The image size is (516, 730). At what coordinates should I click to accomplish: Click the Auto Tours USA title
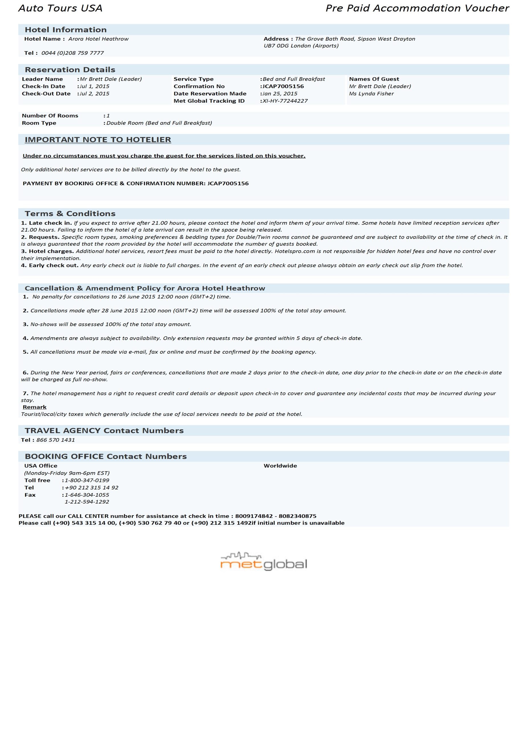60,8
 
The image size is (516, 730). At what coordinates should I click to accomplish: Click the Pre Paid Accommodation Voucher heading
417,8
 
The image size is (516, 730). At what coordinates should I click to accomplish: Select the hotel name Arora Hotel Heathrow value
98,39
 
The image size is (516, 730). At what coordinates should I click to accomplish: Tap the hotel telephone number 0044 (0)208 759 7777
72,53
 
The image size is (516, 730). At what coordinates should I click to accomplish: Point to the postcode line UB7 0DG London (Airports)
301,46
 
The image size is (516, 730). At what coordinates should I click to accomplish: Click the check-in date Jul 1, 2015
94,86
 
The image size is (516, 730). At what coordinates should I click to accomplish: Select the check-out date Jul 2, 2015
94,94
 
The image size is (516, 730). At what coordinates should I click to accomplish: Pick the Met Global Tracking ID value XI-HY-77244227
285,101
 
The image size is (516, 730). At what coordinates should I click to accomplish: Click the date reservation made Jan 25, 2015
280,94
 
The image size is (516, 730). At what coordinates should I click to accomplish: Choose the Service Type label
193,79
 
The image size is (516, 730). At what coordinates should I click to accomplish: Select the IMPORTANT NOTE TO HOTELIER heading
98,140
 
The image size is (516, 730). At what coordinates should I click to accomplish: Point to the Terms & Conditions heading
70,214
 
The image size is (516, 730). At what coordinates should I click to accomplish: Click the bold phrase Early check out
53,265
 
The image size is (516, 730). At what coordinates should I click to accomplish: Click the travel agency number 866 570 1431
56,440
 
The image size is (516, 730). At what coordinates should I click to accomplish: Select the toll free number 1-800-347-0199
87,480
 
